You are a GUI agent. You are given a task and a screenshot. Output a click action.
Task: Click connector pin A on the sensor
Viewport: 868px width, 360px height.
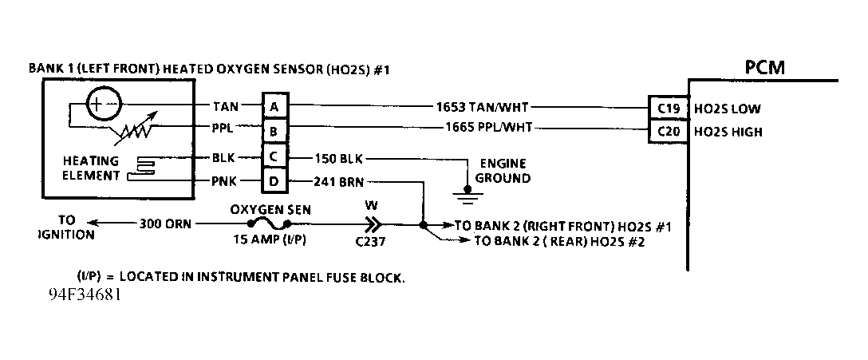pos(274,107)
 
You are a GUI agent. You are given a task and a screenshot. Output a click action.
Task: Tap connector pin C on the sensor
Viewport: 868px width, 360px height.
pos(274,157)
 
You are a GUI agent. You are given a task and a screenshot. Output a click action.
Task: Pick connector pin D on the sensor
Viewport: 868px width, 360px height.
pos(274,183)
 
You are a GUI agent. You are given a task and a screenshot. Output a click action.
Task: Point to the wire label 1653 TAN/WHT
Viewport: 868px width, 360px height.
pos(482,107)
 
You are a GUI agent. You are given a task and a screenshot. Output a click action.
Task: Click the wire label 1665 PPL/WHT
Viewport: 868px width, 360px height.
pos(483,129)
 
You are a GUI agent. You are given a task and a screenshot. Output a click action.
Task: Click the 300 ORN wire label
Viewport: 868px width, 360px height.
pos(165,224)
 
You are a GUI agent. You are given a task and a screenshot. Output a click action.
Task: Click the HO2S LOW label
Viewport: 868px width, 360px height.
pos(728,108)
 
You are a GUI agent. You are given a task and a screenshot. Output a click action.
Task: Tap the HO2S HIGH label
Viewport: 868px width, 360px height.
pos(728,131)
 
